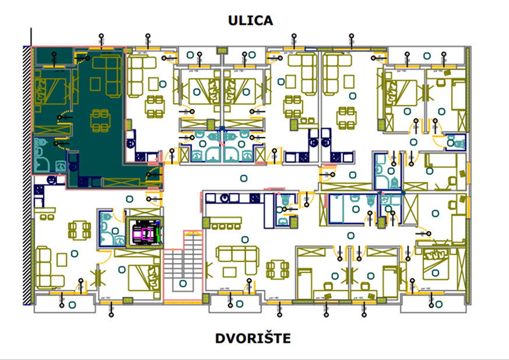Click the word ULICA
point(251,20)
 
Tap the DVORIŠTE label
point(252,339)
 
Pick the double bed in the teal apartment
point(50,91)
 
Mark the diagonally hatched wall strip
point(26,175)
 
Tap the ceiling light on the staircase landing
point(184,284)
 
